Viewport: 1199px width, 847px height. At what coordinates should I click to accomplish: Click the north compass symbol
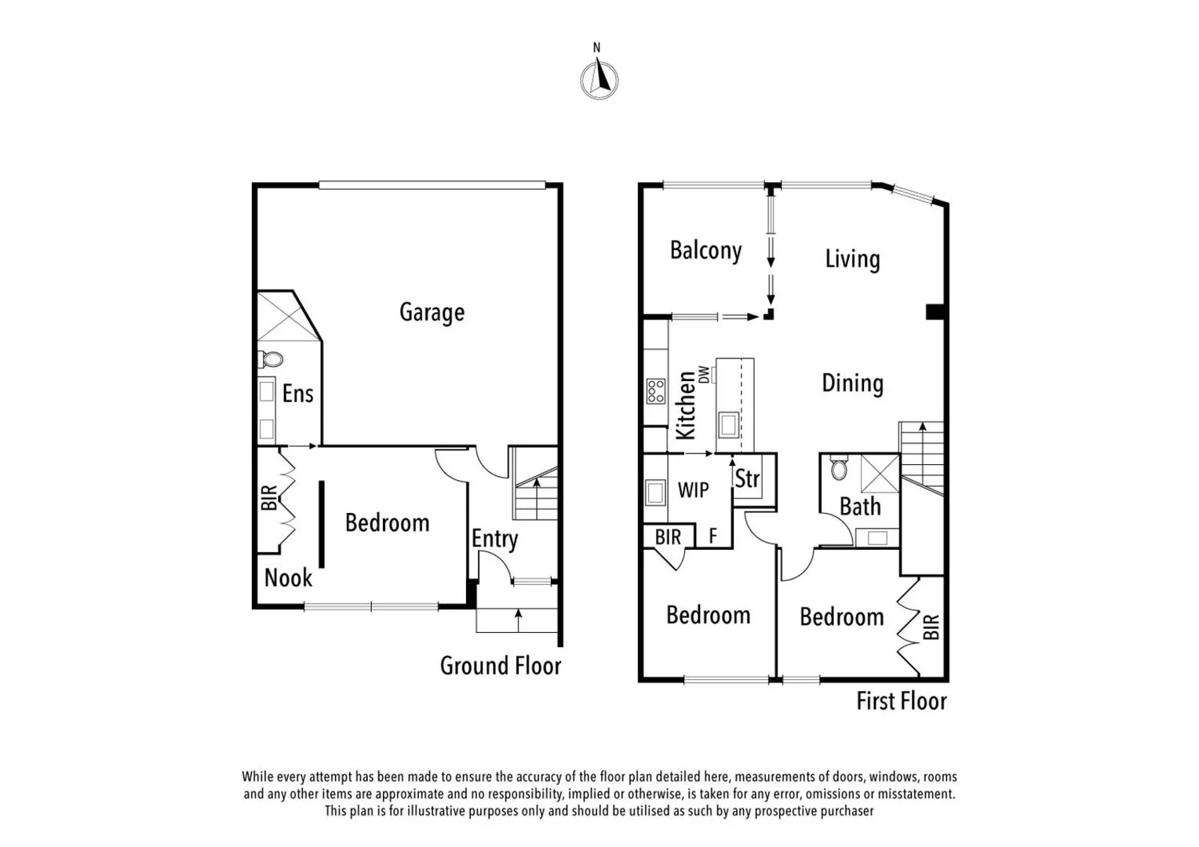(599, 79)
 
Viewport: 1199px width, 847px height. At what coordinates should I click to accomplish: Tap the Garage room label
(432, 312)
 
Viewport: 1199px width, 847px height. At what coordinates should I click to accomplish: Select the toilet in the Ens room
(272, 359)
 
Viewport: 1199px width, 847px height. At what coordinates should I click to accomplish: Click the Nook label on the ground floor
(288, 578)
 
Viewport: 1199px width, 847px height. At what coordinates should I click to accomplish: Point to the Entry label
(494, 539)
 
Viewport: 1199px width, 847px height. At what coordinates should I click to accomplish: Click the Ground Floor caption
(500, 666)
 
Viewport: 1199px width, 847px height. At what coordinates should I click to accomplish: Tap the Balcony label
(705, 250)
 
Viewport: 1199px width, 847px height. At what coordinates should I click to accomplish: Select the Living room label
(852, 259)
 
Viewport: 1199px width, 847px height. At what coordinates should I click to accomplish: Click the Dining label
(852, 383)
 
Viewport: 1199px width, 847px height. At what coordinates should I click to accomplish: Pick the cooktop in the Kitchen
(655, 391)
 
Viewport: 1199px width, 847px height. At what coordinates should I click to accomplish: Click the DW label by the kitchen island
(704, 375)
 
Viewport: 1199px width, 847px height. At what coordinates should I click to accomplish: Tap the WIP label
(693, 490)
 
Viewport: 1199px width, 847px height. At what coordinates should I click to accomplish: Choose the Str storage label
(747, 478)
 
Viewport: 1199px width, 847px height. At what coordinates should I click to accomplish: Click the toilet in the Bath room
(839, 469)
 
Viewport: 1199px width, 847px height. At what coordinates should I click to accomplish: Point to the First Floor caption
(901, 700)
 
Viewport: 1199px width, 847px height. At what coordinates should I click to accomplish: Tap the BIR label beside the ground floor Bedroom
(268, 498)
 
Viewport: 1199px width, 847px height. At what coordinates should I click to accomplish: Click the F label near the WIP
(712, 536)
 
